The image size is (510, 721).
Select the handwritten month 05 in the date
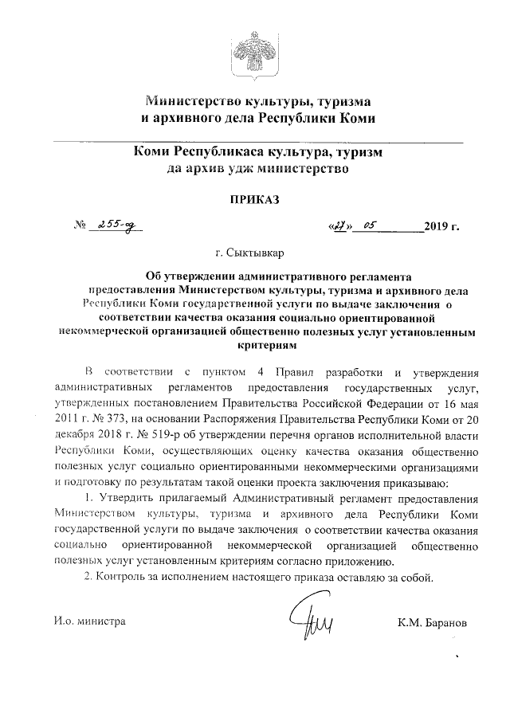(369, 225)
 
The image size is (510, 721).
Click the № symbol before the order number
(79, 226)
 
